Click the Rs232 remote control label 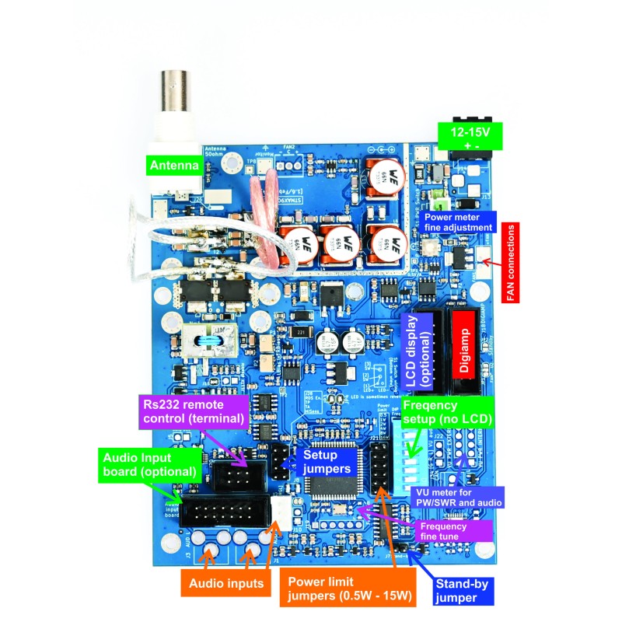coord(193,411)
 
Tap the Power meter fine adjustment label coord(459,222)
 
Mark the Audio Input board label coord(141,463)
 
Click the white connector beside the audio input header coord(281,513)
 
